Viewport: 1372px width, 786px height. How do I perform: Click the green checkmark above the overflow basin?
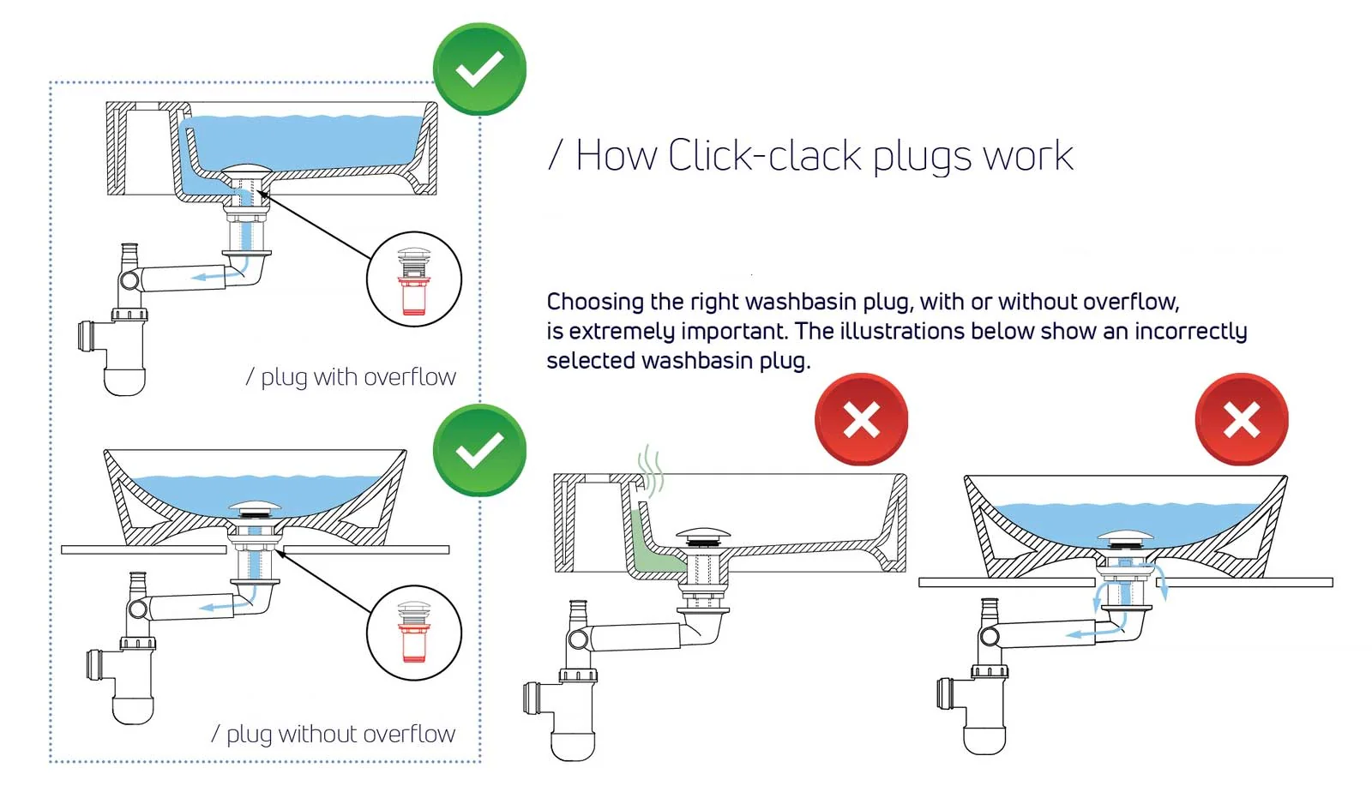click(x=479, y=69)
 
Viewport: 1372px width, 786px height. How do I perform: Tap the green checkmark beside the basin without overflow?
click(x=479, y=450)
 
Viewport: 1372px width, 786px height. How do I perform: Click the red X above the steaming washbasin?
click(x=861, y=419)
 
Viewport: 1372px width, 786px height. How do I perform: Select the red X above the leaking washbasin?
click(x=1241, y=419)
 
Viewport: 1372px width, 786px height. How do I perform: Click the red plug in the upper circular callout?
click(x=414, y=296)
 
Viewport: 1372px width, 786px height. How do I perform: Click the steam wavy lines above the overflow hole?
click(x=651, y=471)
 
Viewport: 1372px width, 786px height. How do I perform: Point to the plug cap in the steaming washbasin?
click(x=703, y=534)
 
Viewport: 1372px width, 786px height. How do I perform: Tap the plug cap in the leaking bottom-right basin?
click(x=1126, y=537)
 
